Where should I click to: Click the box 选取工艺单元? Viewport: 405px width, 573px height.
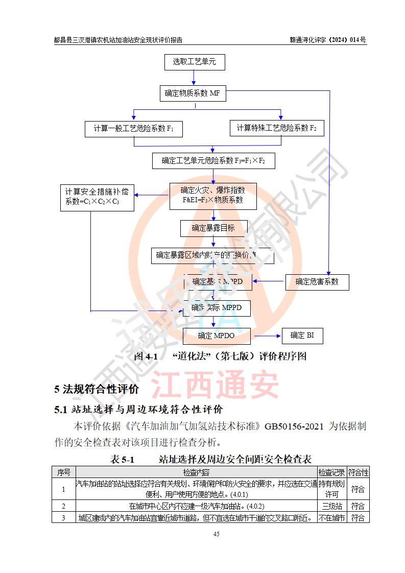(x=194, y=62)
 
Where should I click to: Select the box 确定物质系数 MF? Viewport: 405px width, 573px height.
(x=193, y=93)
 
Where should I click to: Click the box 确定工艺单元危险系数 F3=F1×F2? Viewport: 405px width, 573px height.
(x=213, y=161)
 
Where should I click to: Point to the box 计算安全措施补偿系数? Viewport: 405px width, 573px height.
(x=97, y=197)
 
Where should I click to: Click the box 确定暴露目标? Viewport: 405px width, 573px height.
(x=214, y=228)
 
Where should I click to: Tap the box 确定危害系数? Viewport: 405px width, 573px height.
(x=317, y=282)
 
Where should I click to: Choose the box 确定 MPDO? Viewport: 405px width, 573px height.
(x=217, y=336)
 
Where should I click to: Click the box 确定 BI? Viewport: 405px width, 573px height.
(x=302, y=336)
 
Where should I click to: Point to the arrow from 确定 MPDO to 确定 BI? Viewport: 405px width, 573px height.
(x=266, y=336)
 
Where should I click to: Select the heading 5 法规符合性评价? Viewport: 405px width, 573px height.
(x=97, y=389)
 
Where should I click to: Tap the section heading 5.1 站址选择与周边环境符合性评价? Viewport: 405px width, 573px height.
(x=138, y=410)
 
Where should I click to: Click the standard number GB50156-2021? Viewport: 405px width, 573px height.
(x=294, y=426)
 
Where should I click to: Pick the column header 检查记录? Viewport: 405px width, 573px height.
(x=331, y=472)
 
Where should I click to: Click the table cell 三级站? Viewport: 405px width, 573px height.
(x=331, y=506)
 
